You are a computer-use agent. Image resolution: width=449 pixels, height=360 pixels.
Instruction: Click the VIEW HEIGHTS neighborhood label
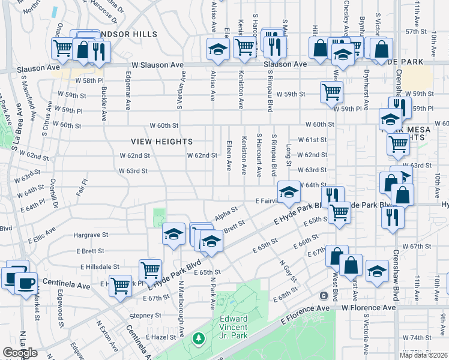point(162,142)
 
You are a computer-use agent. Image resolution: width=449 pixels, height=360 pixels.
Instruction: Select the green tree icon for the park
point(198,339)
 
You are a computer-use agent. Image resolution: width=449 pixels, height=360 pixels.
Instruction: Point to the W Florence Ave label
point(369,307)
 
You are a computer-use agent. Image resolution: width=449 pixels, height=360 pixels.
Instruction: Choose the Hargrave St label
point(90,235)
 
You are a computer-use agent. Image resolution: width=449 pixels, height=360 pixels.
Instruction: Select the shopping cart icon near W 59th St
point(332,92)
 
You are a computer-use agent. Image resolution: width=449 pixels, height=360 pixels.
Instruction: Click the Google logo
point(20,353)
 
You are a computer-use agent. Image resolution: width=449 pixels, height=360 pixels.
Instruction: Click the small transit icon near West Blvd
point(324,296)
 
